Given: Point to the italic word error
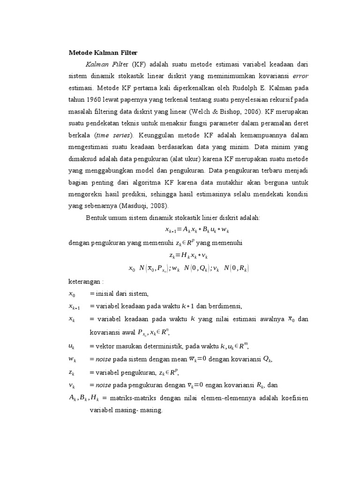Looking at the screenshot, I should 300,75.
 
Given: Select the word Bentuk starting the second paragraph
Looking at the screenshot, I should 96,218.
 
